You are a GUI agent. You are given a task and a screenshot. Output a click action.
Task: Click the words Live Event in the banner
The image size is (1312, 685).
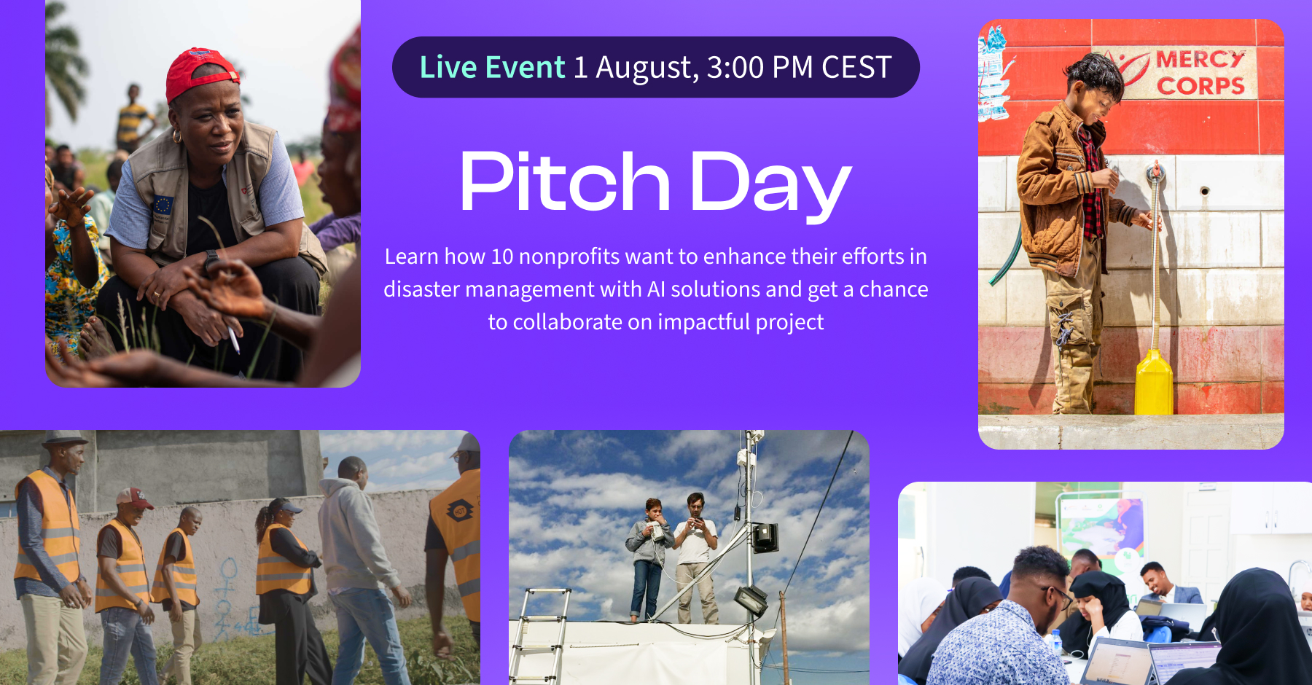(x=492, y=67)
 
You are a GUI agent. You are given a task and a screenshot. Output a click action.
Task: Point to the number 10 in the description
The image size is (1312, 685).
(x=502, y=257)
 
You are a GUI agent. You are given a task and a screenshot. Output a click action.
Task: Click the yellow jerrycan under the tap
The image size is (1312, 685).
(x=1153, y=383)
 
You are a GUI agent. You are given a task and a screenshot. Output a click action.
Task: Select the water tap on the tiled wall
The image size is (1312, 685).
(x=1155, y=173)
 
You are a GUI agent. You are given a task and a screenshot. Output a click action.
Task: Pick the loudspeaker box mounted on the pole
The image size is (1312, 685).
(x=765, y=537)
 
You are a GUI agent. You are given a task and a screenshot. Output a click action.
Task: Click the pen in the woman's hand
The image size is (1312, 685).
(x=233, y=340)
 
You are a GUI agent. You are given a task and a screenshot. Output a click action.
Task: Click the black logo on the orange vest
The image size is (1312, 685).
(x=460, y=511)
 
